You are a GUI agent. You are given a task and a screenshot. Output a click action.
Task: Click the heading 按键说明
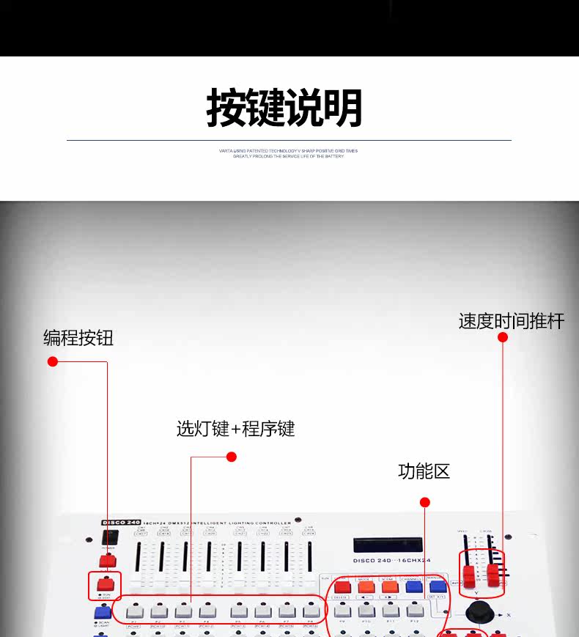click(284, 108)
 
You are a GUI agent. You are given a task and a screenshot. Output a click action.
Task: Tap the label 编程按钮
click(78, 338)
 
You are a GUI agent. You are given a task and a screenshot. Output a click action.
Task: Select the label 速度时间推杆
click(512, 321)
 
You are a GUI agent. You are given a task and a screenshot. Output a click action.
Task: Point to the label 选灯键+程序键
click(235, 429)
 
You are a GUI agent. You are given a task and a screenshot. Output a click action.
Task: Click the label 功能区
click(424, 471)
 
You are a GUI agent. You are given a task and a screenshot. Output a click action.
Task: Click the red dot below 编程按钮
click(53, 361)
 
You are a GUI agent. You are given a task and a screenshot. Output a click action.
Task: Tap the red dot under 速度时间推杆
click(503, 337)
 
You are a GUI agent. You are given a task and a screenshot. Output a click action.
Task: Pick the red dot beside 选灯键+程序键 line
click(232, 457)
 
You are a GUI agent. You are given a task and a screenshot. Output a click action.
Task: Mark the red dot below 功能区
click(424, 502)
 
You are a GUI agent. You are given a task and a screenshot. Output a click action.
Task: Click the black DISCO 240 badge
click(121, 522)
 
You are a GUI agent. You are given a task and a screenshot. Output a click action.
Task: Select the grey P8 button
click(311, 611)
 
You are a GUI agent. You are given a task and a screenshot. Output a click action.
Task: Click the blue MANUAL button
click(438, 586)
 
